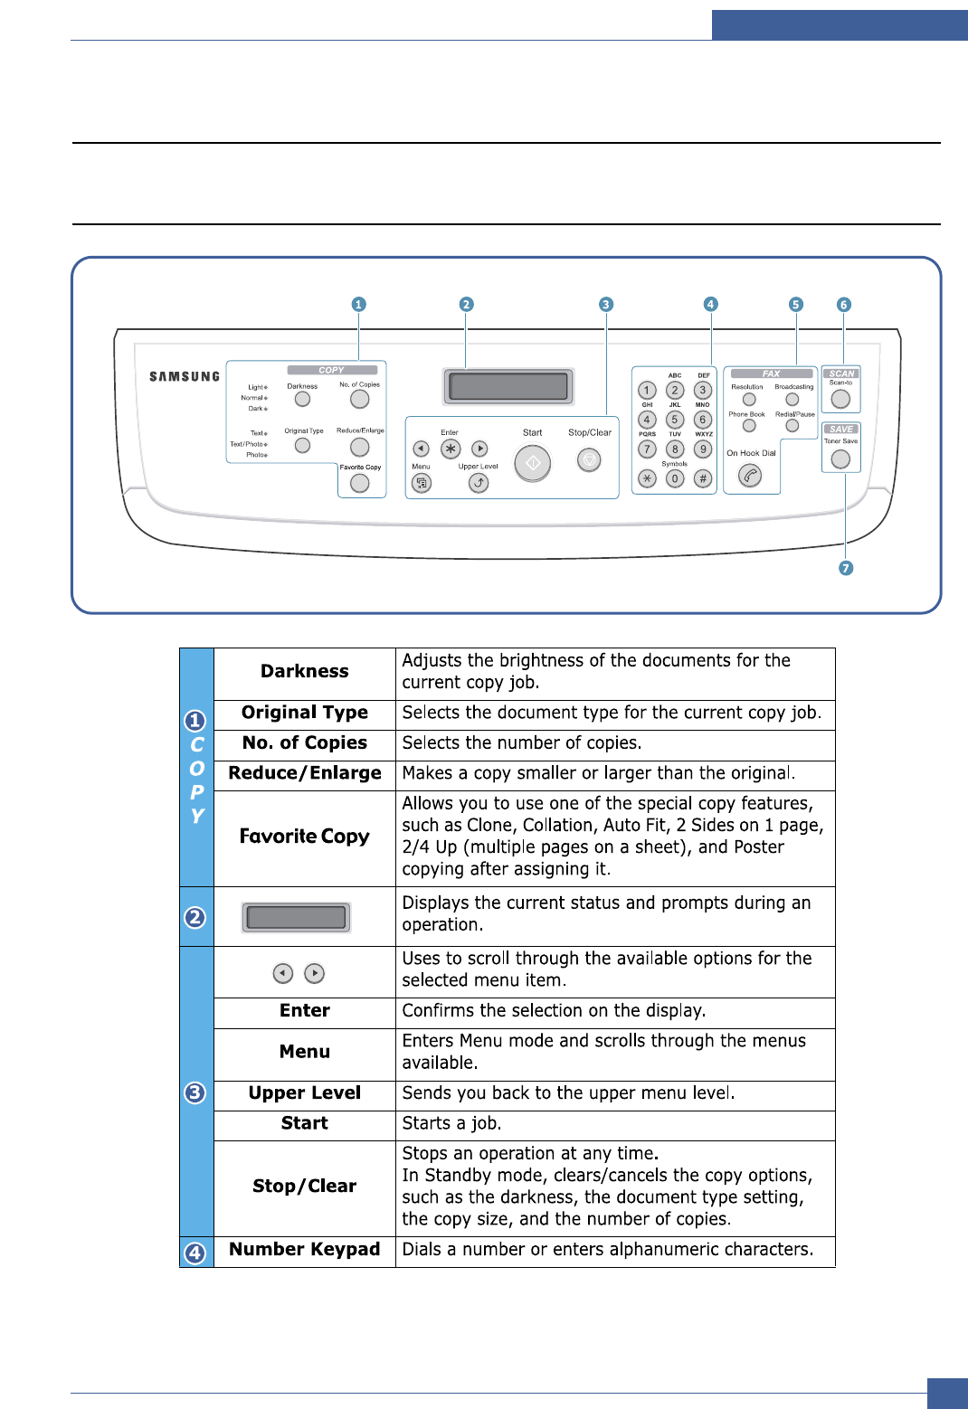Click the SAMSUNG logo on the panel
pos(185,376)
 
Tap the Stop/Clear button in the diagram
pos(589,461)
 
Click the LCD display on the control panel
pos(508,386)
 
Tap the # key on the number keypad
pos(703,478)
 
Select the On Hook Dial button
pos(750,475)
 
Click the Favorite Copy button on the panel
pos(360,484)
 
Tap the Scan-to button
pos(840,399)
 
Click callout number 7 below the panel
pos(846,568)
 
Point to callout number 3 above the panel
pos(606,305)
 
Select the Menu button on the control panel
pos(422,483)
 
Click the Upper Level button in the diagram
pos(479,483)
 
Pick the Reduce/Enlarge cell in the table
pos(305,773)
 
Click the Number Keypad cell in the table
pos(305,1249)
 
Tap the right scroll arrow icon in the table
pos(314,973)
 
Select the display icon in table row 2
pos(296,917)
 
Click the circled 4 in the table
pos(195,1253)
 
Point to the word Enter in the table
pos(305,1010)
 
